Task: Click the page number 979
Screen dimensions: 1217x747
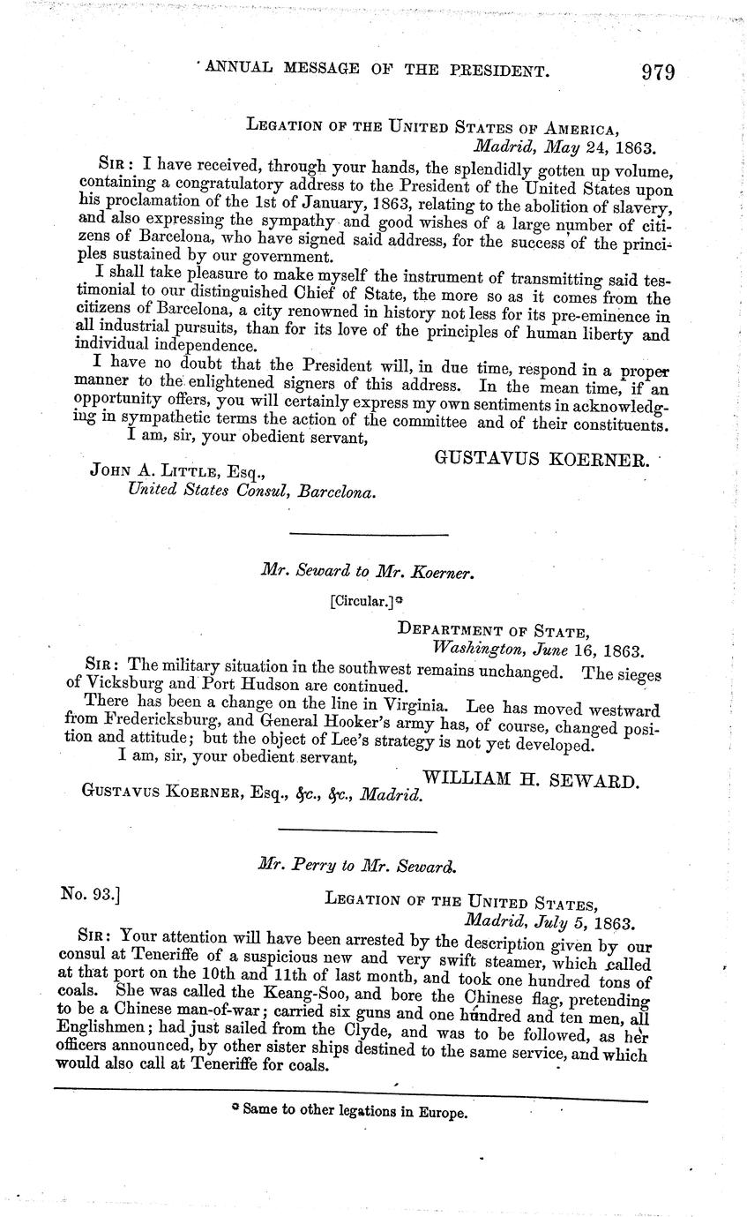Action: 658,71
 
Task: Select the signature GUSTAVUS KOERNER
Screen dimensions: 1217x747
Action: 542,459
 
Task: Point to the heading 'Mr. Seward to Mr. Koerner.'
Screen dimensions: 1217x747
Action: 369,572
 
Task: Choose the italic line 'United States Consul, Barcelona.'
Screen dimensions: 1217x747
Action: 251,492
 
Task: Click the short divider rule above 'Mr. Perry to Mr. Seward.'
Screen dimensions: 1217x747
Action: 357,830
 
